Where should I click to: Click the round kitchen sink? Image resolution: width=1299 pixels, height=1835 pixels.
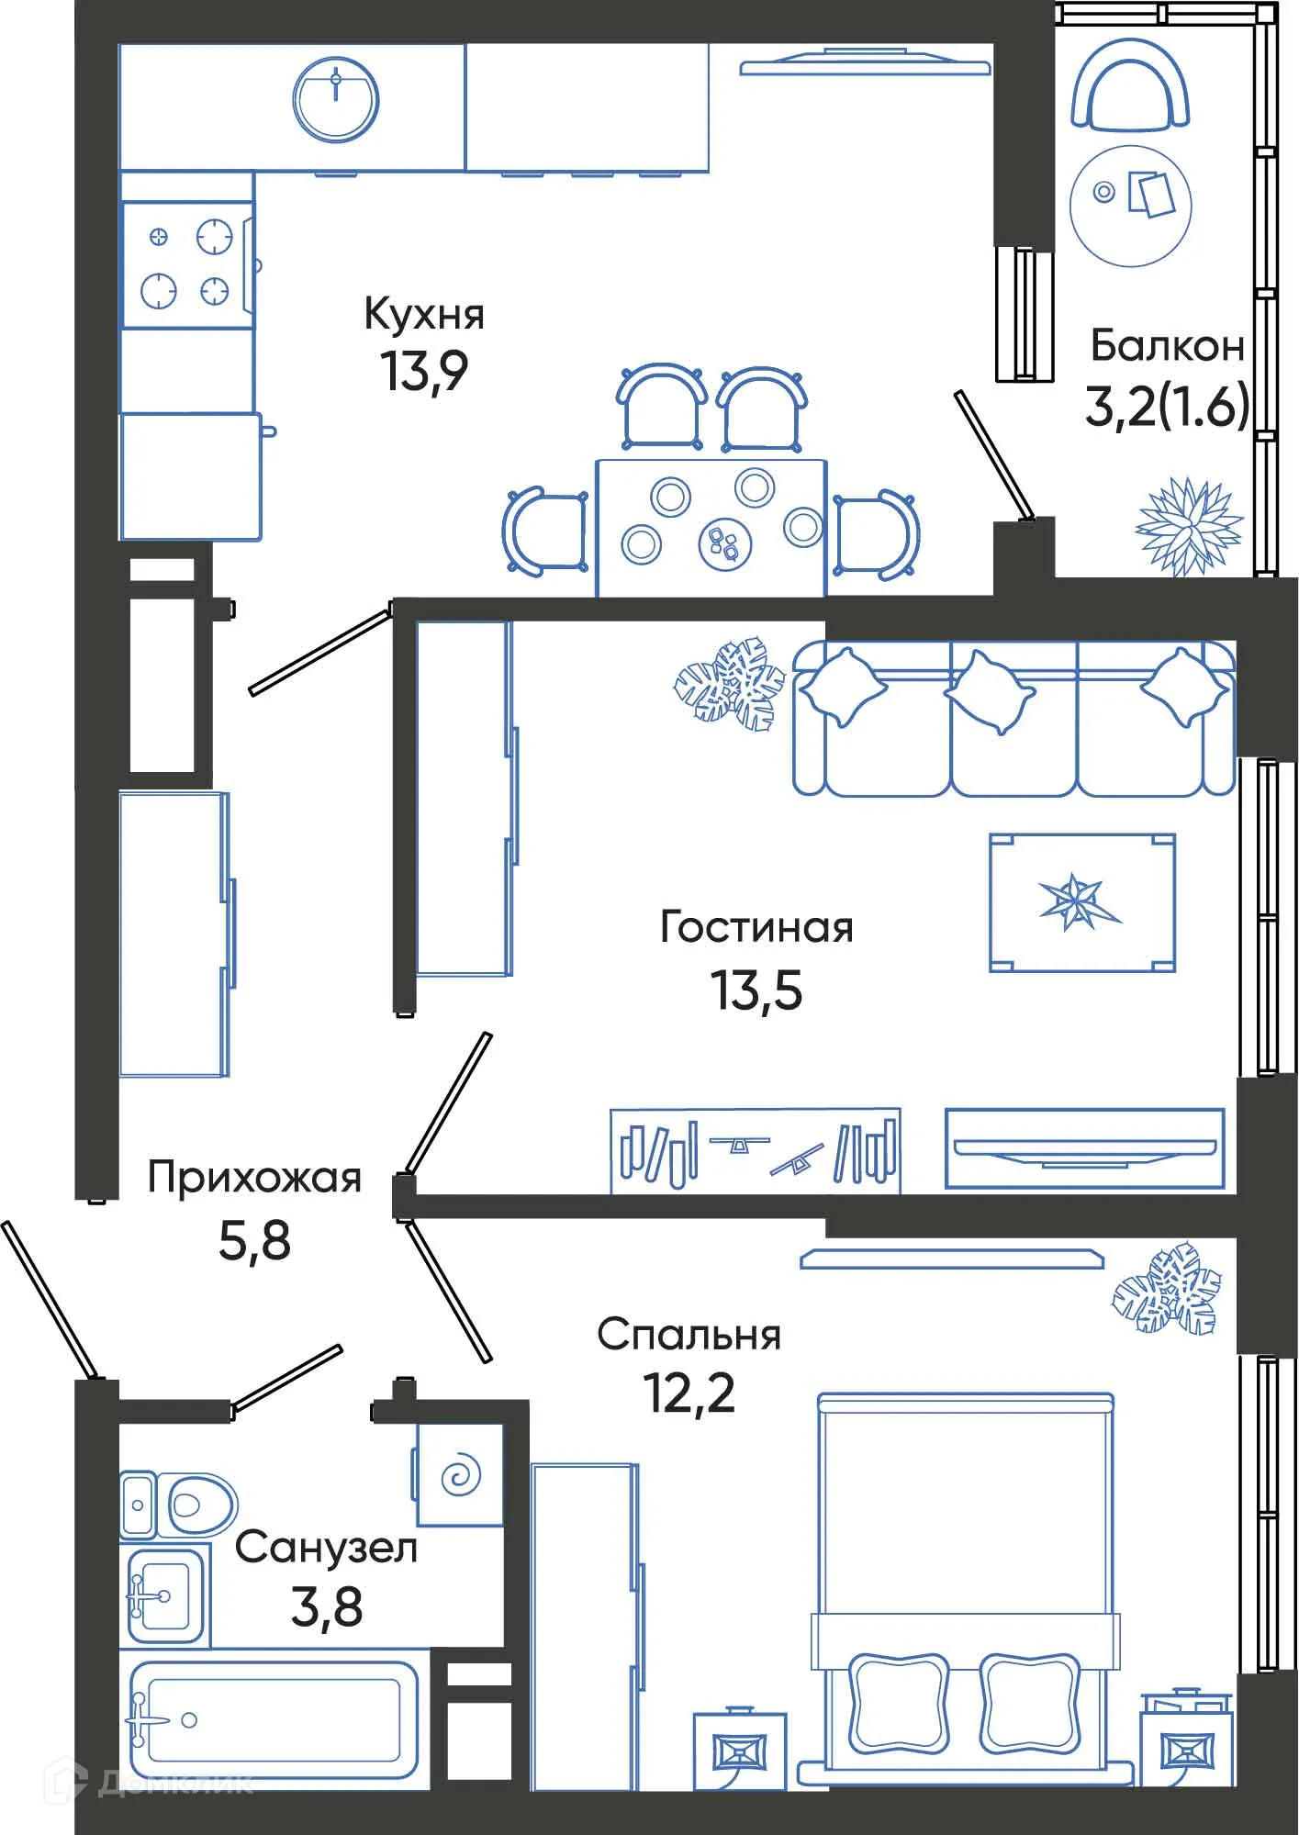[335, 99]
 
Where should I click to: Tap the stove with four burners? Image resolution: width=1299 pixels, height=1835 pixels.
[188, 264]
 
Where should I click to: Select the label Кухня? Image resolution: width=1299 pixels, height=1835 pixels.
[424, 314]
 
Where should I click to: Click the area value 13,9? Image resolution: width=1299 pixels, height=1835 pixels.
[424, 371]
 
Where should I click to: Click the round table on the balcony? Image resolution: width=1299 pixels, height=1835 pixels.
[1130, 206]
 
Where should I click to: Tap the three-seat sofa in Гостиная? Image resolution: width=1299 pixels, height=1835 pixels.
[1013, 718]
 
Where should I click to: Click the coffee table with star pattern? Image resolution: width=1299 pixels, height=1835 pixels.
[1081, 902]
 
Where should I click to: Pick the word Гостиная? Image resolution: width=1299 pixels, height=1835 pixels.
[756, 927]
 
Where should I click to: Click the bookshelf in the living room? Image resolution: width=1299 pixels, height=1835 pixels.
[756, 1152]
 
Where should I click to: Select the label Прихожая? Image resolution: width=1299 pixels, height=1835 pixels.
[254, 1177]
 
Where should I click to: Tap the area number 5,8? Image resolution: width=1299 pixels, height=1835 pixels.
[254, 1240]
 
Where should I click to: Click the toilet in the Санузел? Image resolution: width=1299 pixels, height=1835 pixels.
[179, 1505]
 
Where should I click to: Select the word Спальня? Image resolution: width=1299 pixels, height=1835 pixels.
[689, 1335]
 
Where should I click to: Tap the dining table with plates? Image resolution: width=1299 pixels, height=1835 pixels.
[711, 528]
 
